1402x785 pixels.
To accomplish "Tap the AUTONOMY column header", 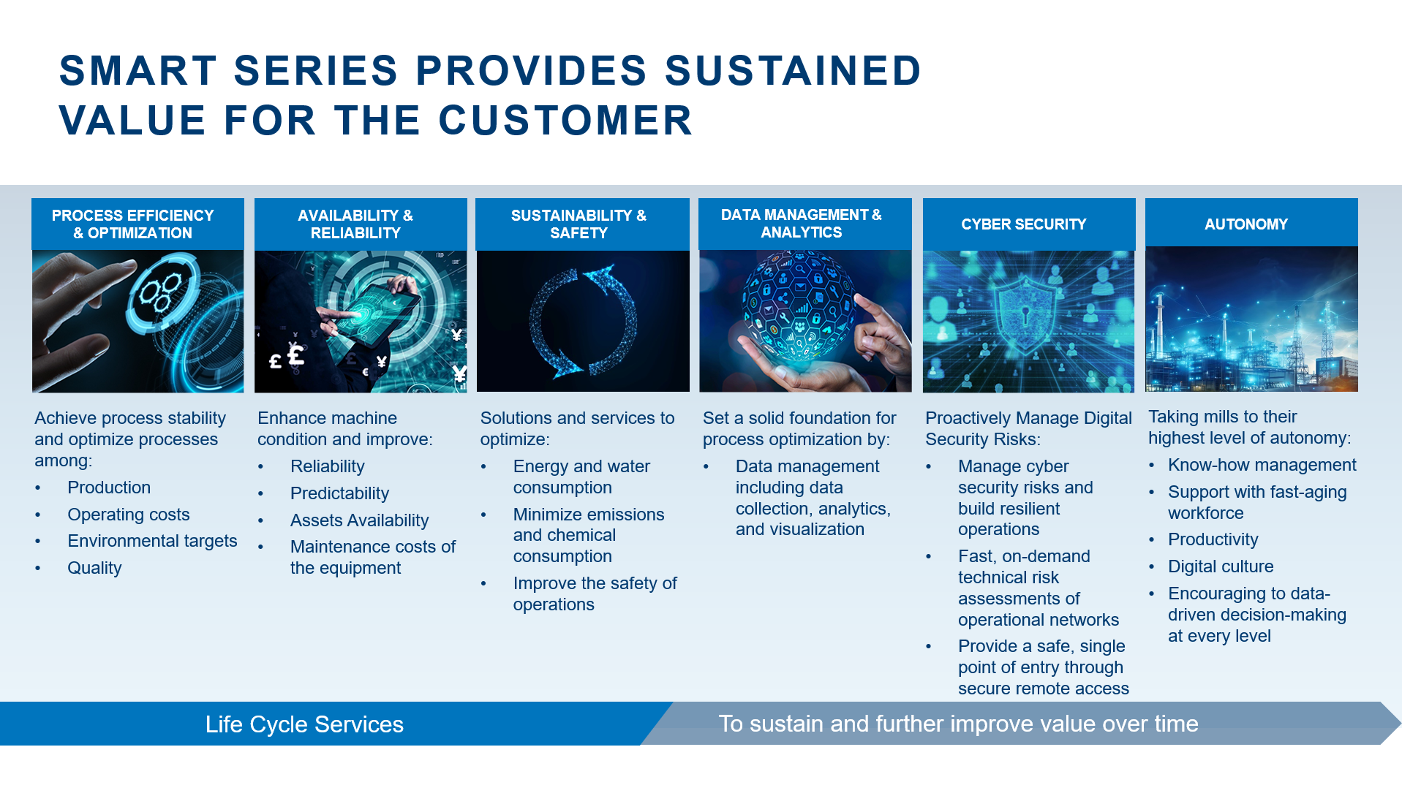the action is coord(1245,224).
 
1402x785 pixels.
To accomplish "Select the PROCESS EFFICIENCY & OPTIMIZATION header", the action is coord(132,224).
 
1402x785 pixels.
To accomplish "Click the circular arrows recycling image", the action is coord(583,322).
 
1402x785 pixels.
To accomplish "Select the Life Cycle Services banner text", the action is coord(304,724).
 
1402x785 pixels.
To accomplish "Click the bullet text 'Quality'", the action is coord(94,568).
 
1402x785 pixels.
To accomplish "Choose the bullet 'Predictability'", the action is coord(339,493).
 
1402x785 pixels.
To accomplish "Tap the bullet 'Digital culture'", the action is coord(1221,566).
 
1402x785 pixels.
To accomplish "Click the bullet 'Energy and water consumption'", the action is coord(581,477).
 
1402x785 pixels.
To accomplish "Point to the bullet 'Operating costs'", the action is coord(128,515).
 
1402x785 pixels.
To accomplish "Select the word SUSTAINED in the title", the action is coord(793,71).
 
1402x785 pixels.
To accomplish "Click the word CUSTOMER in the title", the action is coord(565,121).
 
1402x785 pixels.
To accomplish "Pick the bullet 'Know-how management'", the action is coord(1262,465).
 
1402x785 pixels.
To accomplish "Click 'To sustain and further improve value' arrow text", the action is coord(958,724).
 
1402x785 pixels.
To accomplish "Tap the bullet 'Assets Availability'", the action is coord(359,520).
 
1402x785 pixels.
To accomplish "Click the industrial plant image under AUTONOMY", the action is coord(1251,319).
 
